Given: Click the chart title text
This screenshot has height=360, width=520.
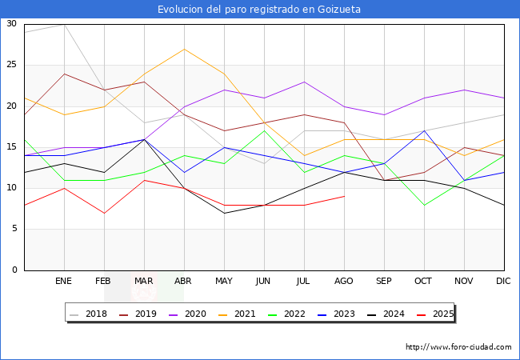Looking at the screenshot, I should tap(259, 10).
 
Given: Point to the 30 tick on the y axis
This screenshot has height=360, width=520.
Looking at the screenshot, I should tap(11, 24).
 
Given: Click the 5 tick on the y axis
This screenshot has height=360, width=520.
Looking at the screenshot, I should tap(14, 230).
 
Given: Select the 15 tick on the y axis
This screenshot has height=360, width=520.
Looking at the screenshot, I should tap(11, 147).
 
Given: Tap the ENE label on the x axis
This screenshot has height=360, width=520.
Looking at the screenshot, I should tap(64, 282).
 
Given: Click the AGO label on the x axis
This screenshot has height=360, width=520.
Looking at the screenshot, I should tap(344, 282).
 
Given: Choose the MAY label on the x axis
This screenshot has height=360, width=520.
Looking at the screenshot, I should tap(224, 282).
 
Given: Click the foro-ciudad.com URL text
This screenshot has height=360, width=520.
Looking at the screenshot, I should tap(458, 347).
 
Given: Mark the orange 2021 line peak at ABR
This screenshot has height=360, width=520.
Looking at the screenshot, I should tap(184, 49).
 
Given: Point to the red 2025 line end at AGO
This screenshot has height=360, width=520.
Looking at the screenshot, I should tap(344, 196).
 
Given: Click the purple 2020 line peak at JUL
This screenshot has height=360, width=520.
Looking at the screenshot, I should tap(304, 82).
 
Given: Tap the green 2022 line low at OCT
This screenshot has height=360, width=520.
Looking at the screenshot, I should tap(424, 205).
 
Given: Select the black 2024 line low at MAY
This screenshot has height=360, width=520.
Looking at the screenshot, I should tap(224, 213).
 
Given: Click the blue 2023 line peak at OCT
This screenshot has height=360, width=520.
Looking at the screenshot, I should tap(424, 131).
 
